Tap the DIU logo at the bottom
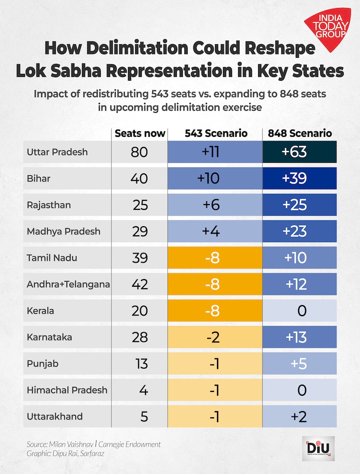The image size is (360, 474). [318, 449]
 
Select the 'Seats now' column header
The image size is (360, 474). [140, 134]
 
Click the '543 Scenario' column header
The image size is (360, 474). [216, 134]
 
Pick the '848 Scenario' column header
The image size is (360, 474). [301, 134]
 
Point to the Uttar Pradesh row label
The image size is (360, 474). [58, 152]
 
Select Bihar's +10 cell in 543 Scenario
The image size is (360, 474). [208, 179]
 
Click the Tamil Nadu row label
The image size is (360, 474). [52, 258]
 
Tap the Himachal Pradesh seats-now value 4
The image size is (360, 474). [143, 390]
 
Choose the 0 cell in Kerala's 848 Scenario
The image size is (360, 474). [301, 311]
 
